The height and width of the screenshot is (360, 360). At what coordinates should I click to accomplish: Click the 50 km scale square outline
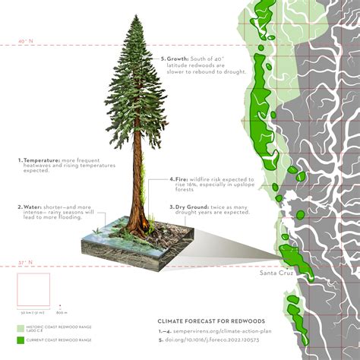[33, 289]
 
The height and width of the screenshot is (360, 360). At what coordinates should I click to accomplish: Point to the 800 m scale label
[62, 312]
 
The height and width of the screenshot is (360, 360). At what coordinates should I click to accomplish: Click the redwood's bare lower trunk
[137, 190]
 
